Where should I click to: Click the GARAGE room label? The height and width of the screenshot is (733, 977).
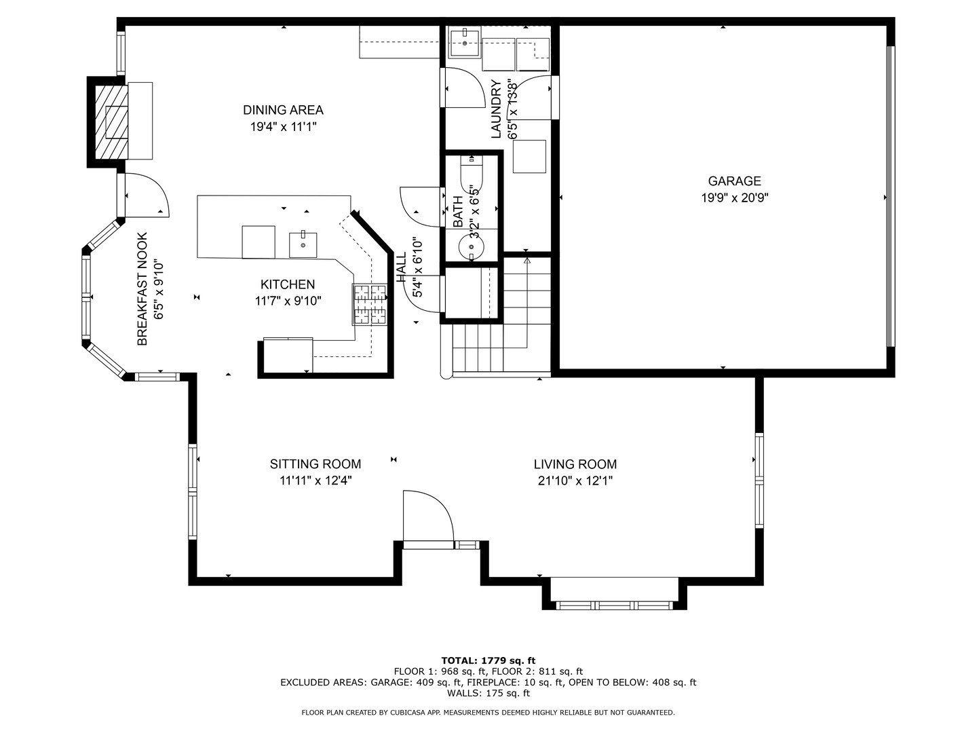point(734,181)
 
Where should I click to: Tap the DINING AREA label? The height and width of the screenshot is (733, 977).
point(283,110)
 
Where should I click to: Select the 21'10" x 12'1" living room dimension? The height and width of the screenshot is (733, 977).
point(575,481)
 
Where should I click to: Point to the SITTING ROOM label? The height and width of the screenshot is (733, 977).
point(315,464)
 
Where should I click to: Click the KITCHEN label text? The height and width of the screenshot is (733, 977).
point(288,284)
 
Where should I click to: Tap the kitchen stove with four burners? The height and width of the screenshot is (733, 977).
point(369,304)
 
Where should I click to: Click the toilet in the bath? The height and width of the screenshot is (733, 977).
point(471,177)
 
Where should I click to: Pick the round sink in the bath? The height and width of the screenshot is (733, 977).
point(471,246)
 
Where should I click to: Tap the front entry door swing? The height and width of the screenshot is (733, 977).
point(427,516)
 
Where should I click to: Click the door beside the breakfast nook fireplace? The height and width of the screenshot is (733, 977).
point(144,195)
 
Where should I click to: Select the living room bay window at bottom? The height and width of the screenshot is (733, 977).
point(614,603)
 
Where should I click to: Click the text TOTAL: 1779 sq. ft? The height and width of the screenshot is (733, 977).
point(488,660)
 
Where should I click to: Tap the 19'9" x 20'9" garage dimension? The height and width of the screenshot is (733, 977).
point(734,198)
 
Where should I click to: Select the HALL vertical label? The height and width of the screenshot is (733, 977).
point(401,268)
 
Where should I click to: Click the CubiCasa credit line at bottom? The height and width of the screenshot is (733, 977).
point(488,713)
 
